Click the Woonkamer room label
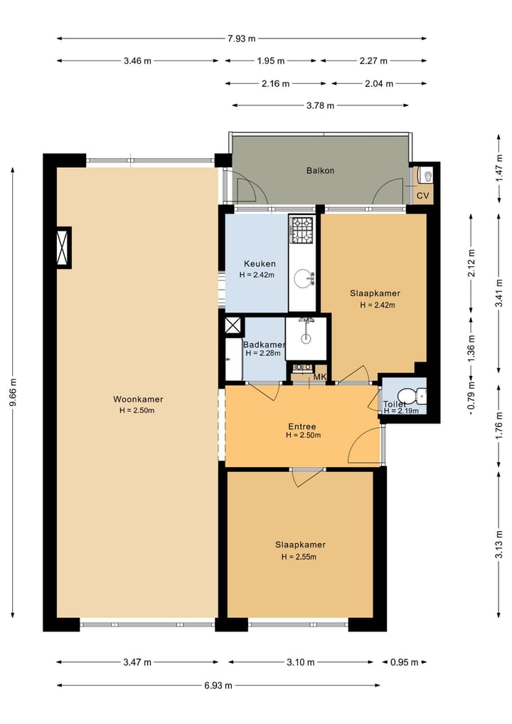pyautogui.click(x=138, y=399)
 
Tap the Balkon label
pyautogui.click(x=320, y=171)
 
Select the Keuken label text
pyautogui.click(x=260, y=263)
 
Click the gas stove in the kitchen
pyautogui.click(x=302, y=229)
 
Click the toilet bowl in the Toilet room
pyautogui.click(x=408, y=396)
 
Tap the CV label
pyautogui.click(x=422, y=196)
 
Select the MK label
pyautogui.click(x=320, y=377)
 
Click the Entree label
pyautogui.click(x=302, y=426)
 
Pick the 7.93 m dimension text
pyautogui.click(x=241, y=38)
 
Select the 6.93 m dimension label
pyautogui.click(x=218, y=686)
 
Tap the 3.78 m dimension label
pyautogui.click(x=320, y=106)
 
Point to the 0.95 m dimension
pyautogui.click(x=404, y=663)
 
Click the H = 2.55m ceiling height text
pyautogui.click(x=299, y=557)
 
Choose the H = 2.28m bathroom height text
pyautogui.click(x=263, y=353)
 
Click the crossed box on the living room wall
pyautogui.click(x=64, y=248)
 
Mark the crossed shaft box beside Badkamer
pyautogui.click(x=233, y=325)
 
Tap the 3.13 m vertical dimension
pyautogui.click(x=498, y=550)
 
